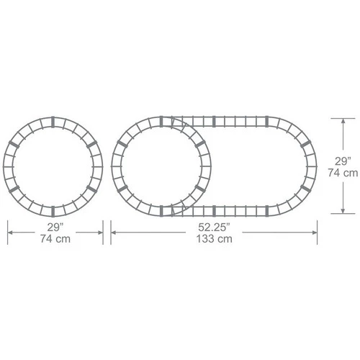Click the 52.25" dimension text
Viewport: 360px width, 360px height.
[214, 227]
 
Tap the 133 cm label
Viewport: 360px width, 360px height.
[214, 239]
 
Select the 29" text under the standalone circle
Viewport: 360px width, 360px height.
[55, 227]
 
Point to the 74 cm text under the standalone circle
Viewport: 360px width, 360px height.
[55, 239]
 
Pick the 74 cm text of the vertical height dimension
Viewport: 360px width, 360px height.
[343, 173]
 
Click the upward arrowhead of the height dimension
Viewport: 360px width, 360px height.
[343, 122]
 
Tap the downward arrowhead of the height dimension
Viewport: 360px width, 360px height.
[343, 210]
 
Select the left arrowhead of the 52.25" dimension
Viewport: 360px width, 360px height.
[114, 233]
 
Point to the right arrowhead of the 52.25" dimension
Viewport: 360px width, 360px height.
[314, 233]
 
